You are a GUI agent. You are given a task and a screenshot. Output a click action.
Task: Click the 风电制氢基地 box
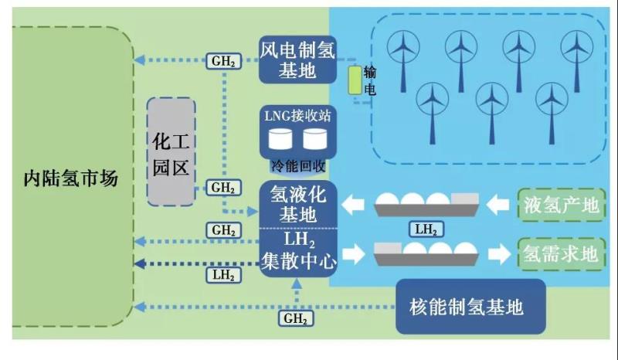coord(297,59)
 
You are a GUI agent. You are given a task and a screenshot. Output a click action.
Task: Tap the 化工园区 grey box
coord(171,151)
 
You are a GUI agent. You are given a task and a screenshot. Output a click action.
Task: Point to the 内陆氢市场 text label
coord(70,178)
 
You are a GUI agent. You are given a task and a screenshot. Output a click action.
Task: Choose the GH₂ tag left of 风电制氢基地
coord(223,61)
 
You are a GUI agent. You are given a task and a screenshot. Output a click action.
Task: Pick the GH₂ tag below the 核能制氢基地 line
coord(296,318)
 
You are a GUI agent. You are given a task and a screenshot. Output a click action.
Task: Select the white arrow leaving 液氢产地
coord(505,205)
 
